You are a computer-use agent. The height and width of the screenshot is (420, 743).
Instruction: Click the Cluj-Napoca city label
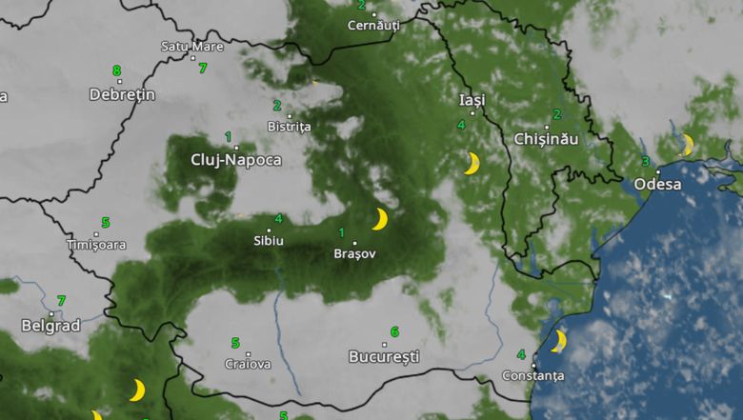click(x=236, y=160)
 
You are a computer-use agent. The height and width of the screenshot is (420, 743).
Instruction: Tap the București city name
click(x=384, y=357)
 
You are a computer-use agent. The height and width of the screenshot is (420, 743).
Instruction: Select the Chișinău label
click(x=546, y=139)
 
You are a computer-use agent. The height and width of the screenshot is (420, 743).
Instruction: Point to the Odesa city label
click(x=657, y=184)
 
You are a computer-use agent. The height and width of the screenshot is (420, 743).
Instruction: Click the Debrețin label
click(x=121, y=94)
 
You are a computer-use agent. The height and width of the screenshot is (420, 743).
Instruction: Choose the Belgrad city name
click(x=51, y=326)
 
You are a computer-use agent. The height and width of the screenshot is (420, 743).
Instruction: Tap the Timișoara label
click(x=95, y=245)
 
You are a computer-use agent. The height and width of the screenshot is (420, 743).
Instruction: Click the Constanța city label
click(x=533, y=375)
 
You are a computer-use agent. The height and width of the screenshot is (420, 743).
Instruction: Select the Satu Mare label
click(x=192, y=46)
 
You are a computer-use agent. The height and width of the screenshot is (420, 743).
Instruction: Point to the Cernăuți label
click(x=373, y=26)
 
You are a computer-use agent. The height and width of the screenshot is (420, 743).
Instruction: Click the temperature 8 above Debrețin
click(x=116, y=70)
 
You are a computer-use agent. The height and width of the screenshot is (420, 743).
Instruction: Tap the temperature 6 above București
click(x=394, y=332)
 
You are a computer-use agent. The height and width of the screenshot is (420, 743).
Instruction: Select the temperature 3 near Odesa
click(x=645, y=161)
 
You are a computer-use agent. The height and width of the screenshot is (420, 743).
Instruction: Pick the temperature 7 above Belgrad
click(x=61, y=301)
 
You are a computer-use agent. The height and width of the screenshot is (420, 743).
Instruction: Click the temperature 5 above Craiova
click(x=235, y=343)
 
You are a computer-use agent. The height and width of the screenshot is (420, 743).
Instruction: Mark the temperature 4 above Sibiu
click(x=278, y=219)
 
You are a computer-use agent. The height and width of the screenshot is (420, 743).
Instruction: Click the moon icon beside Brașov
click(x=380, y=220)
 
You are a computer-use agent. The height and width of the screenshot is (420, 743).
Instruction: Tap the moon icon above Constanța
click(x=559, y=340)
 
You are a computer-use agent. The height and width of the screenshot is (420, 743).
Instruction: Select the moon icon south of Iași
click(x=472, y=164)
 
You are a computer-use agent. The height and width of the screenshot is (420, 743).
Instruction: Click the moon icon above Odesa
click(x=687, y=145)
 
